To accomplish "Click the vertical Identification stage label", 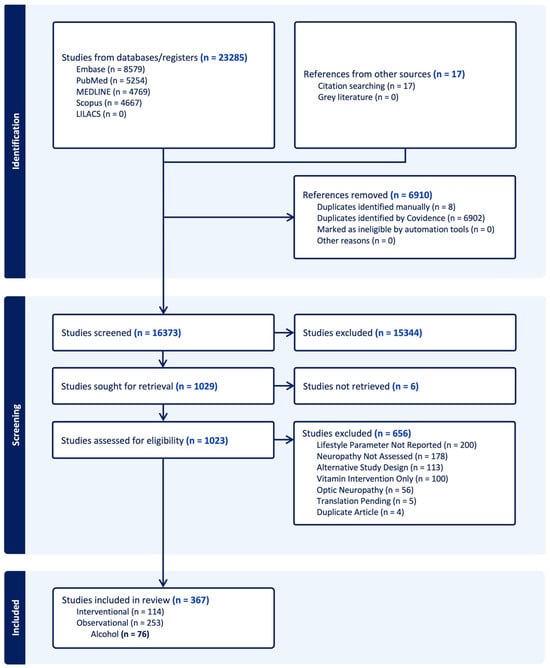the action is click(15, 141).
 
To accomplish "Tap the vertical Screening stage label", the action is click(15, 425).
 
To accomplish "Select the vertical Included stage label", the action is click(15, 618).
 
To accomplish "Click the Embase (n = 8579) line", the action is click(110, 69).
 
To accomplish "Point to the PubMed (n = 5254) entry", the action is click(112, 80).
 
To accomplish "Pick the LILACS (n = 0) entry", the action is click(101, 114).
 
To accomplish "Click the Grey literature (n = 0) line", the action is click(358, 97).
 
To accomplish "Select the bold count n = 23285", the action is click(224, 58).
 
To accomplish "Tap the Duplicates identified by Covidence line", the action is click(400, 218).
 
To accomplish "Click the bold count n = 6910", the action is click(411, 195).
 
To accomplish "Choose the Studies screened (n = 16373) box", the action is click(163, 333).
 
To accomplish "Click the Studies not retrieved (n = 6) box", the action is click(405, 386).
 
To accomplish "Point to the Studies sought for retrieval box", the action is click(163, 386).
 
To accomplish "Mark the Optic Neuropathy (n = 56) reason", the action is click(365, 490).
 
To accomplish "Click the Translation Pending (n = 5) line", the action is click(366, 501).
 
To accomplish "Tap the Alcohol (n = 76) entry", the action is click(120, 634).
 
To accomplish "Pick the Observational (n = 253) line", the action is click(120, 623).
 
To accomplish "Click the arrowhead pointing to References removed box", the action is click(290, 217).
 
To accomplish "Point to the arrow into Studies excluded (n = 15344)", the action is click(284, 333).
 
